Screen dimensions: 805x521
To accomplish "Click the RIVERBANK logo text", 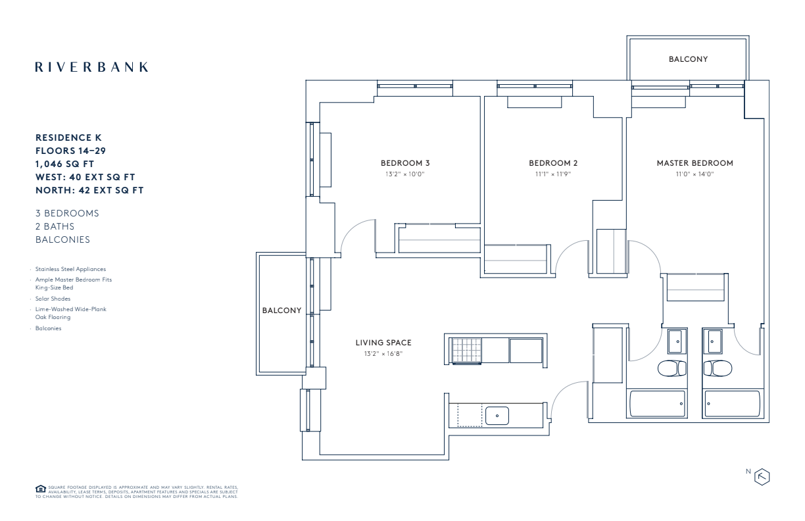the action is pyautogui.click(x=91, y=67).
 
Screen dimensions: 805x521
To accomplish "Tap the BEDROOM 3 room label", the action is pyautogui.click(x=405, y=163).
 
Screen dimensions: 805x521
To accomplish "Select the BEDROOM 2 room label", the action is pyautogui.click(x=553, y=163).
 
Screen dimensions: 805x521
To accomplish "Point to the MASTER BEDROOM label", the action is pyautogui.click(x=695, y=163).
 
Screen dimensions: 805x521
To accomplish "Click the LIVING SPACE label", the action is pyautogui.click(x=383, y=343).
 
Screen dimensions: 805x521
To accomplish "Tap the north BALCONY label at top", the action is pyautogui.click(x=688, y=59).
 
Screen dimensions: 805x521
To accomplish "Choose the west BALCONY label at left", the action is pyautogui.click(x=281, y=310).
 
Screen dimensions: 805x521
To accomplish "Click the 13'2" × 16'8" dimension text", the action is pyautogui.click(x=383, y=354).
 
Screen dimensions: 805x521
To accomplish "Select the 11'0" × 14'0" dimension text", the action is pyautogui.click(x=695, y=174).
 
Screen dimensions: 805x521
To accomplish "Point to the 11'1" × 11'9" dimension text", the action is pyautogui.click(x=553, y=174).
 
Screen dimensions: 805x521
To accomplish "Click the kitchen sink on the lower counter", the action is pyautogui.click(x=497, y=416).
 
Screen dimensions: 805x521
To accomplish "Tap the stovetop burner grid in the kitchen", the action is pyautogui.click(x=466, y=350).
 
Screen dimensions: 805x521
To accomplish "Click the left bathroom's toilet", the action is pyautogui.click(x=672, y=368).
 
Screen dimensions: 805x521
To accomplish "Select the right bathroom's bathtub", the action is pyautogui.click(x=732, y=403).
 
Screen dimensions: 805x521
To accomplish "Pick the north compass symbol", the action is pyautogui.click(x=762, y=477).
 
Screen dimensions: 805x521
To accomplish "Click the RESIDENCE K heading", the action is pyautogui.click(x=68, y=138).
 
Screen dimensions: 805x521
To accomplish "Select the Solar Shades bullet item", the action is pyautogui.click(x=53, y=299).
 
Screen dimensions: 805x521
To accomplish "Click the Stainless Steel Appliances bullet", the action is pyautogui.click(x=70, y=269).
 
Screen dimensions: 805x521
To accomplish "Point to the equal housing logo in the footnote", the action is pyautogui.click(x=40, y=489).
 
